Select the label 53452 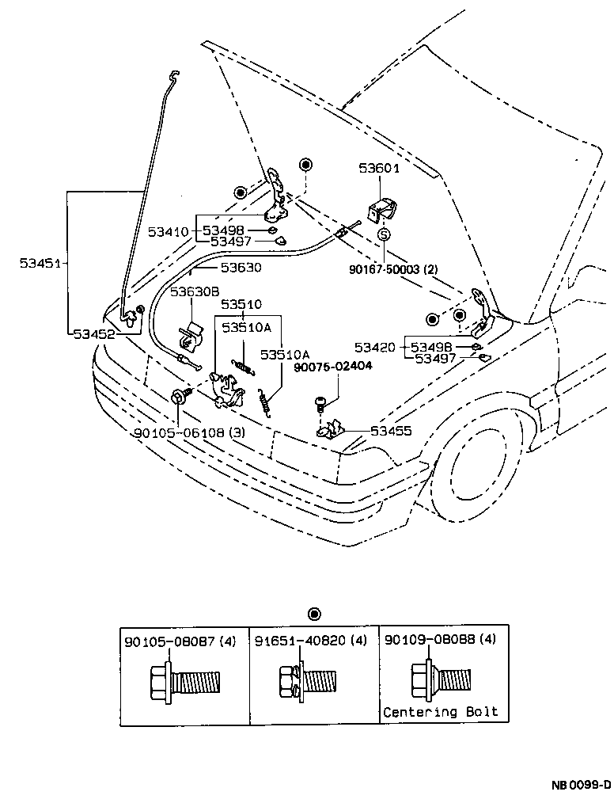click(x=94, y=334)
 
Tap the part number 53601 click(x=379, y=169)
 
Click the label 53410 click(x=169, y=232)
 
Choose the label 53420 click(x=375, y=347)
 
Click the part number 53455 click(x=391, y=431)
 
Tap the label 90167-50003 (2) click(x=393, y=269)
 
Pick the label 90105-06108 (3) click(x=188, y=433)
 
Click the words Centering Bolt click(x=441, y=711)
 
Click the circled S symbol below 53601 click(x=384, y=235)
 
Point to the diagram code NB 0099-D click(x=581, y=786)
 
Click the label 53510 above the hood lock click(x=241, y=304)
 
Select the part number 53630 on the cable click(x=241, y=268)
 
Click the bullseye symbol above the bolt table click(x=314, y=614)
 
